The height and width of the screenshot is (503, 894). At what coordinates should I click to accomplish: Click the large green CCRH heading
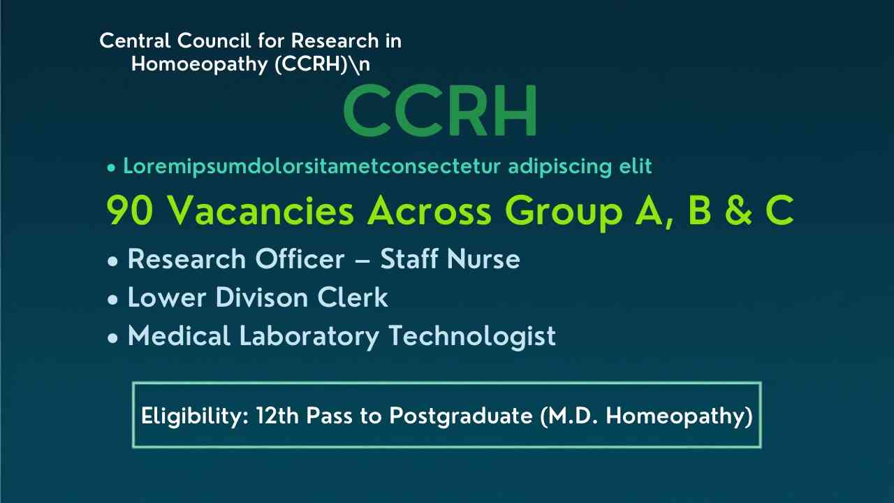[x=440, y=111]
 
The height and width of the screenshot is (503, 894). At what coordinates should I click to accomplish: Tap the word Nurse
[x=484, y=259]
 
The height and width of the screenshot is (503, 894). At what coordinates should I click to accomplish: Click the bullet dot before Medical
[x=113, y=338]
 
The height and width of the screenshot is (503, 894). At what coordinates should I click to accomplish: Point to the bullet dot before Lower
[x=113, y=300]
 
